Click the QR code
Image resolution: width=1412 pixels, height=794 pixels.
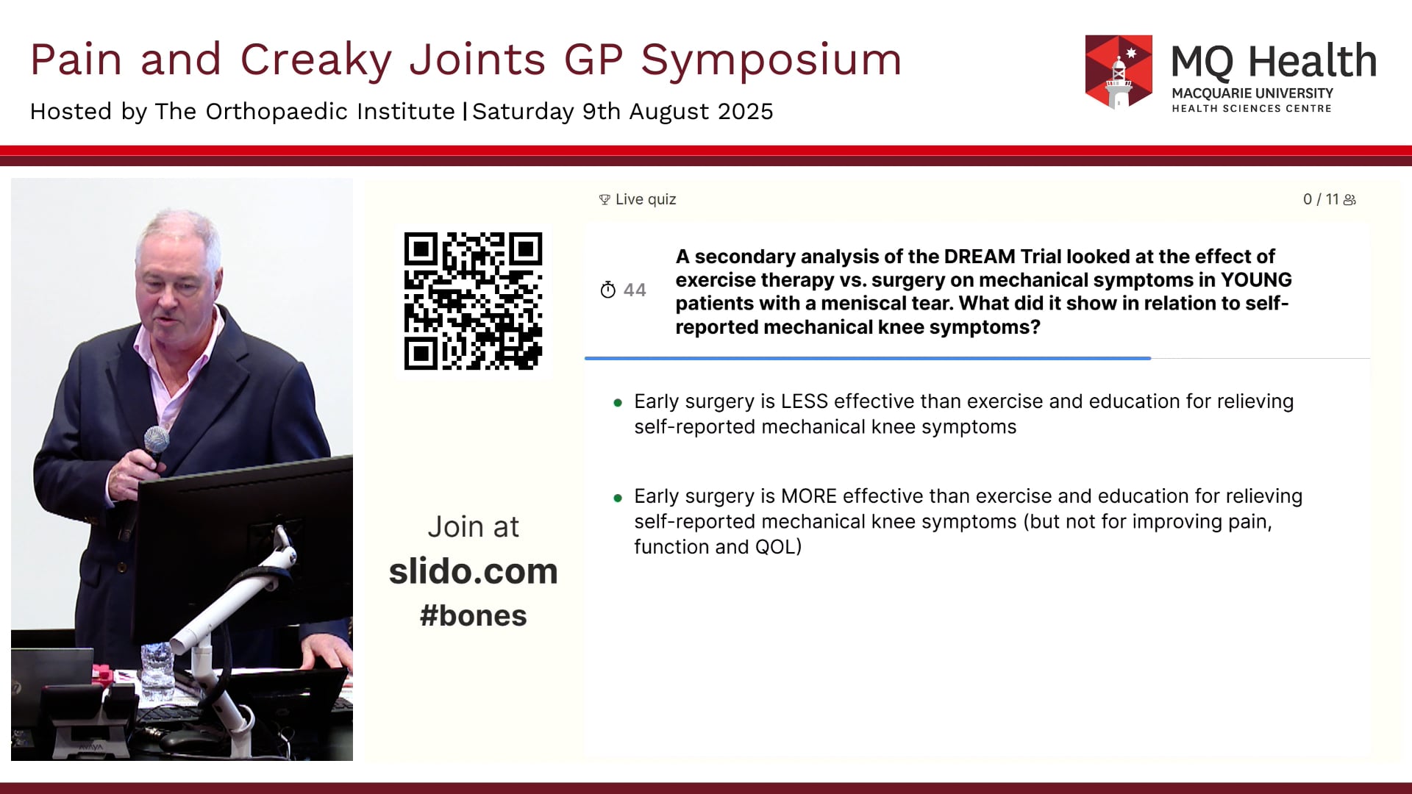pyautogui.click(x=473, y=301)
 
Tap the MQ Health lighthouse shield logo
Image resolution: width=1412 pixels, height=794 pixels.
pyautogui.click(x=1119, y=72)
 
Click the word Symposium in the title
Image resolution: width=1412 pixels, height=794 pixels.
pyautogui.click(x=771, y=59)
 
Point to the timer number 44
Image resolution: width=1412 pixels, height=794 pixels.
pyautogui.click(x=635, y=290)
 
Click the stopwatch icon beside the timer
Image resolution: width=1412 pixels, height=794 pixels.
pyautogui.click(x=607, y=290)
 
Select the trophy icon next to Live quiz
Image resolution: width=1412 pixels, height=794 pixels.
pyautogui.click(x=605, y=200)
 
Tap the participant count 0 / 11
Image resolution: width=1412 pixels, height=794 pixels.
pyautogui.click(x=1321, y=199)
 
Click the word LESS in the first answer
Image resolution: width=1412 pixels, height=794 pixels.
pyautogui.click(x=805, y=401)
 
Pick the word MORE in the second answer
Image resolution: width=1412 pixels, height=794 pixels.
pyautogui.click(x=809, y=496)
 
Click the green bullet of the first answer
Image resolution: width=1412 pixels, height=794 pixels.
pyautogui.click(x=618, y=403)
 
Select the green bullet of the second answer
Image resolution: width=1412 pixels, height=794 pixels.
pyautogui.click(x=618, y=498)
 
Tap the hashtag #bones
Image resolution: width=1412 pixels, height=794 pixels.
pyautogui.click(x=473, y=615)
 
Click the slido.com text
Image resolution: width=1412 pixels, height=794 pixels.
pyautogui.click(x=473, y=571)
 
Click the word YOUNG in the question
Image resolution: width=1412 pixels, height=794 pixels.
pyautogui.click(x=1256, y=280)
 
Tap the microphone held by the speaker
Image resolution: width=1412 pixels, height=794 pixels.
pyautogui.click(x=154, y=445)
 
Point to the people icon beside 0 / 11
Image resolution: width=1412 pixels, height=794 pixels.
pyautogui.click(x=1349, y=200)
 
